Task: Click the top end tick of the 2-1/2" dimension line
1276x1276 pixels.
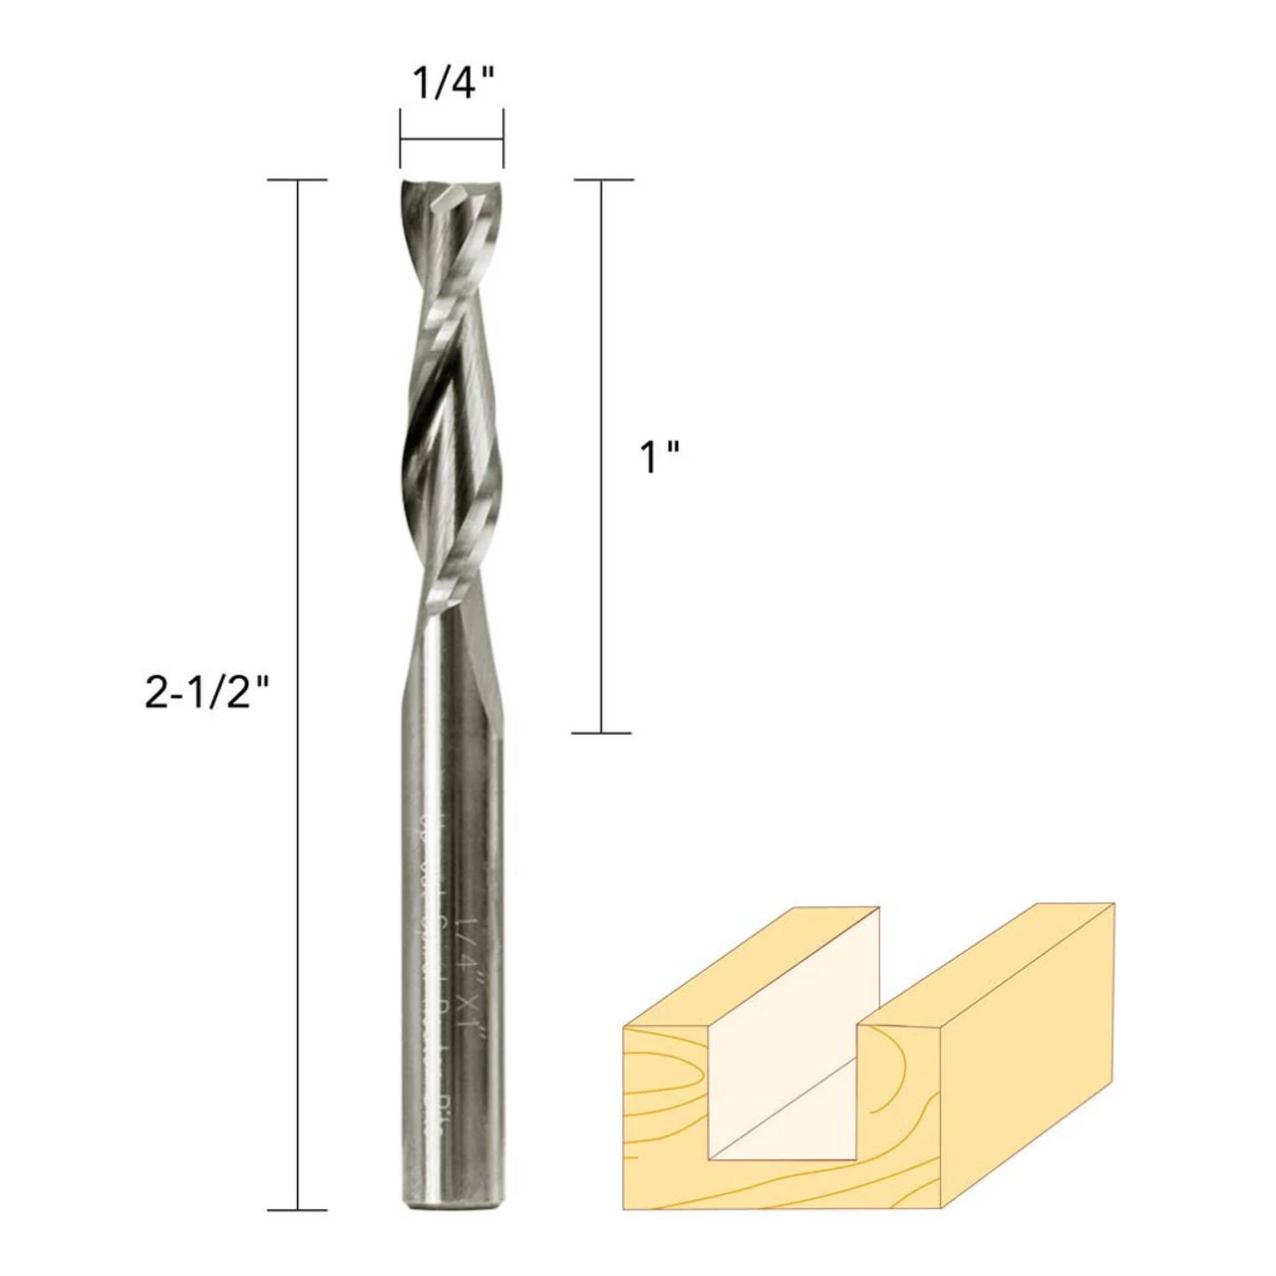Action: [298, 180]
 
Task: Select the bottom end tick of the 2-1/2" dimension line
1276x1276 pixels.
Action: [298, 1210]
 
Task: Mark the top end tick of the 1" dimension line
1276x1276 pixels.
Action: [603, 180]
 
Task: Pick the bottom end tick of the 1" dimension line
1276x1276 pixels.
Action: [603, 733]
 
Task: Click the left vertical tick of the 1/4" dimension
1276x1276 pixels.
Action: [401, 140]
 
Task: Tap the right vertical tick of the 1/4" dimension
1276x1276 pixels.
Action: [502, 140]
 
